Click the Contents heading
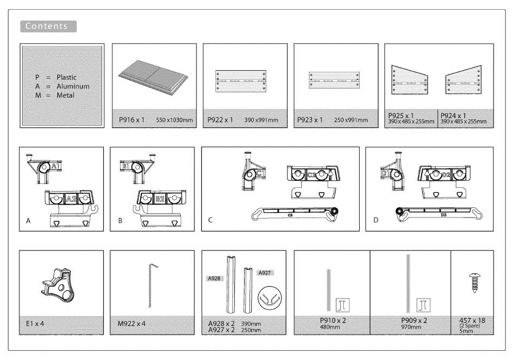(x=48, y=26)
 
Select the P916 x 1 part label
(x=131, y=120)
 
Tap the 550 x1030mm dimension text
(x=174, y=120)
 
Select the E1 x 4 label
(x=34, y=324)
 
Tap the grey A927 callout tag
(x=266, y=273)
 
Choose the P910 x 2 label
(x=331, y=320)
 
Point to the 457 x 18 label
(x=471, y=320)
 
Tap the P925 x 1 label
(x=401, y=116)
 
